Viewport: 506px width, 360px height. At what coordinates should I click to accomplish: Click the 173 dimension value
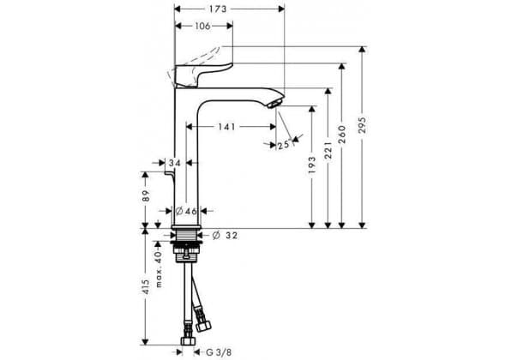tap(218, 9)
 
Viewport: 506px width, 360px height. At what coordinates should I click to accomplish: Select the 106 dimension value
tap(202, 26)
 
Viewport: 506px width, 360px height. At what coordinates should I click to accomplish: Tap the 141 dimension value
tap(226, 127)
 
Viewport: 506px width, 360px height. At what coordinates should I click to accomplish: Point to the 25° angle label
tap(283, 145)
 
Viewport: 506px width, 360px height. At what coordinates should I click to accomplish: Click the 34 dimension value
tap(175, 163)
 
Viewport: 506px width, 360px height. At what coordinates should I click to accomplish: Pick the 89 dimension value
tap(146, 195)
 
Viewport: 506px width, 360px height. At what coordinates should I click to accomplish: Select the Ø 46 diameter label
tap(186, 212)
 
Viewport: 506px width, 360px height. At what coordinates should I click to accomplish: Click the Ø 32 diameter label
tap(225, 236)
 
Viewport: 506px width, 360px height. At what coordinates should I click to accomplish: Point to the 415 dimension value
tap(146, 286)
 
